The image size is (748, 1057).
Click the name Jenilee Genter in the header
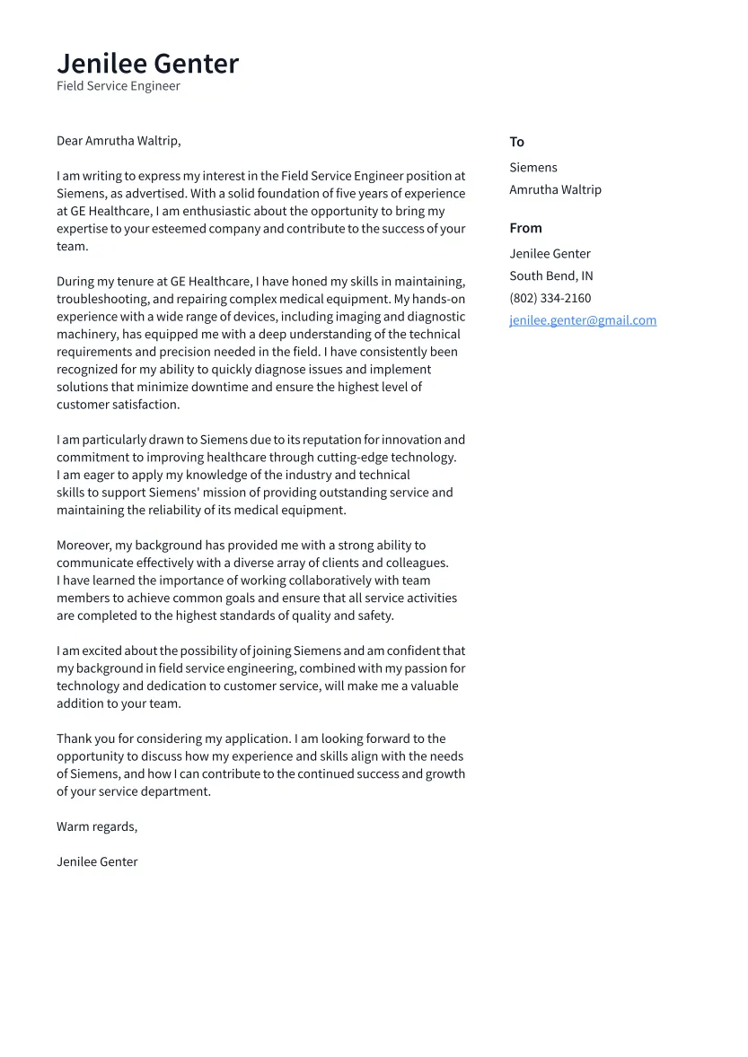(x=147, y=64)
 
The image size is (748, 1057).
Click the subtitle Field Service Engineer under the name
(x=118, y=86)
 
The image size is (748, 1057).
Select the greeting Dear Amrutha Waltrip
(x=119, y=141)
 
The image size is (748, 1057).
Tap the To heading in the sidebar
(x=516, y=142)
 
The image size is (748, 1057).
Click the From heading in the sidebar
(x=525, y=228)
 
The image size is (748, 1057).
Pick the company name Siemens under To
(x=532, y=168)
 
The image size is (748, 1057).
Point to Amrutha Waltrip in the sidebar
(x=555, y=190)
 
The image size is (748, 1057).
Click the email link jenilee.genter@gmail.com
(x=583, y=320)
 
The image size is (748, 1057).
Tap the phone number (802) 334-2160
(x=550, y=298)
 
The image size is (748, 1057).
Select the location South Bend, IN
(x=550, y=276)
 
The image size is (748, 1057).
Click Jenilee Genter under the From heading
(x=550, y=254)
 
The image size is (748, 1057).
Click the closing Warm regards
(x=97, y=826)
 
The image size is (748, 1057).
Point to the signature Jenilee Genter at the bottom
(x=97, y=862)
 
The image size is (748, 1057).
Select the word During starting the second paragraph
(x=75, y=282)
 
